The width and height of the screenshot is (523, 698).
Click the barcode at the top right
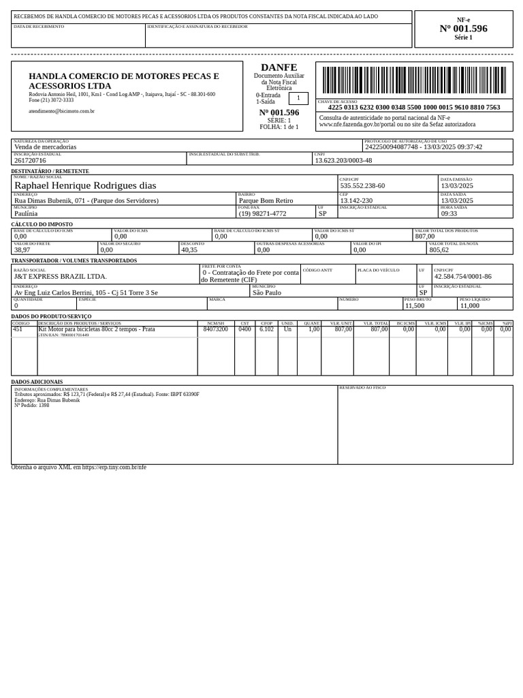click(414, 80)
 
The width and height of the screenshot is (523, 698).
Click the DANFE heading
click(279, 67)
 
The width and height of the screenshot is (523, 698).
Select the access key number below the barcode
click(413, 107)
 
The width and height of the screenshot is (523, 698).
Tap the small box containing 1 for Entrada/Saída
click(298, 98)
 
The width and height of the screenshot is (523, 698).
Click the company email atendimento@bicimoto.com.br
click(61, 111)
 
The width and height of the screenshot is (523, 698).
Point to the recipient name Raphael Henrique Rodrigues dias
click(85, 185)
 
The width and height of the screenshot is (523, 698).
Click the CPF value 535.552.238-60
click(362, 185)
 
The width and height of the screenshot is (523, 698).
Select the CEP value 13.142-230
click(356, 200)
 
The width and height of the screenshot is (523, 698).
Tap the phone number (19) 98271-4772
click(262, 213)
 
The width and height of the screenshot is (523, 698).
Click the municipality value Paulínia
click(26, 213)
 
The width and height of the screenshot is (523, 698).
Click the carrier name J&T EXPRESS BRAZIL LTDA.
click(61, 277)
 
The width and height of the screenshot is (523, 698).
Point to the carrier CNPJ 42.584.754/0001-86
click(462, 277)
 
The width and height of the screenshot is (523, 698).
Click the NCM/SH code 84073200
click(215, 329)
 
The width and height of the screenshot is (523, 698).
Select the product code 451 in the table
click(18, 329)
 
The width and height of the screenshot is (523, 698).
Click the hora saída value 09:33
click(449, 213)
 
